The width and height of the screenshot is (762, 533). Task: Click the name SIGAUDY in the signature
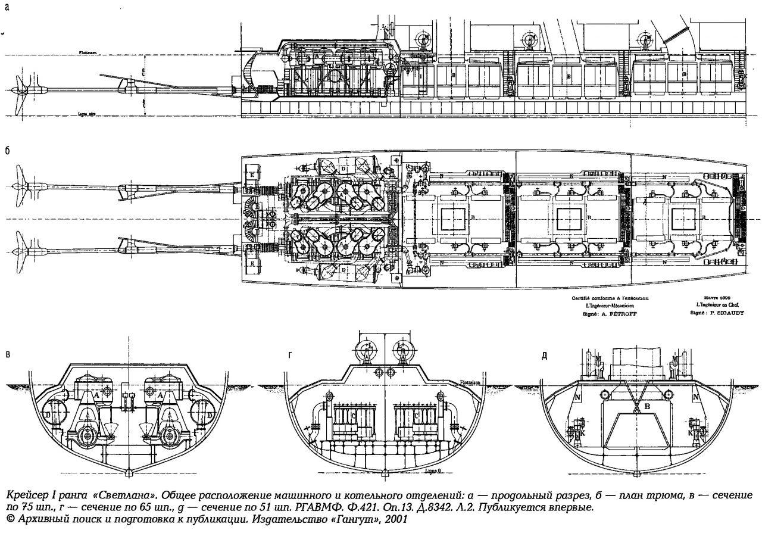(726, 311)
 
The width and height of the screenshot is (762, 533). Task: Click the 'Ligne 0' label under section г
(416, 470)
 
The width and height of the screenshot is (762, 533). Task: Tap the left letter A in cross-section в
(96, 395)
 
